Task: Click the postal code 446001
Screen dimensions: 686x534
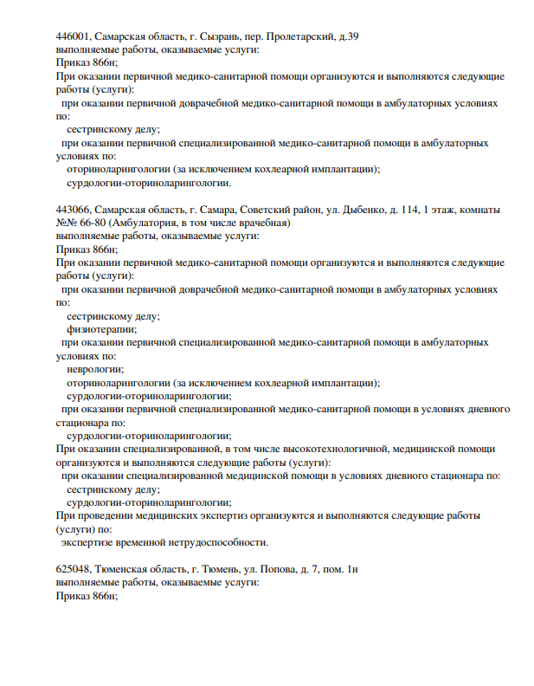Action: (x=72, y=37)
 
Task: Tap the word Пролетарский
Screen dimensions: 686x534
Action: (x=306, y=37)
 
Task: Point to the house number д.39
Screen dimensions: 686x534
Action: (x=350, y=37)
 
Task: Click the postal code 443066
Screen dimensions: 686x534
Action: (x=72, y=210)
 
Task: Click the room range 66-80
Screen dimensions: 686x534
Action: (x=87, y=223)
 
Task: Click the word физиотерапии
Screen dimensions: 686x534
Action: (x=101, y=329)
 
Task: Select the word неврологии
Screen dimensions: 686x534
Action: (x=94, y=369)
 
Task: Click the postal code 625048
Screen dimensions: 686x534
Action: (x=72, y=569)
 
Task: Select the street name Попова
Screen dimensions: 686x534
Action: (x=293, y=569)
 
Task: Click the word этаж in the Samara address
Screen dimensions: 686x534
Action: (x=447, y=210)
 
